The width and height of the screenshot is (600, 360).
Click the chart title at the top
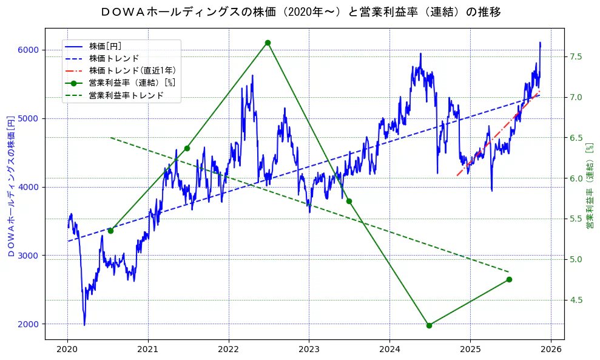point(300,12)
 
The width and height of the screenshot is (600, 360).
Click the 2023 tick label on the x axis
point(309,350)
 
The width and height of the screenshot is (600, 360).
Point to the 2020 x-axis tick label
point(67,350)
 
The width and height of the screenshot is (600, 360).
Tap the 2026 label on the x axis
point(550,350)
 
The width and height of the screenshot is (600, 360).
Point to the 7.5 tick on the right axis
point(576,56)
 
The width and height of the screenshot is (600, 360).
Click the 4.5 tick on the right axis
point(576,300)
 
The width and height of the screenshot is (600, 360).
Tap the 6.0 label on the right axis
point(576,178)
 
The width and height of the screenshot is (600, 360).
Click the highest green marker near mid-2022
point(268,42)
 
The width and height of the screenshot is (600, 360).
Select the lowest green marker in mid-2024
point(429,325)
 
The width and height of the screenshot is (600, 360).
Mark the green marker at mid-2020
point(110,231)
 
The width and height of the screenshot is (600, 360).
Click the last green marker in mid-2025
point(509,279)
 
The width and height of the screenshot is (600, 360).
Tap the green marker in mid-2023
point(349,201)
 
